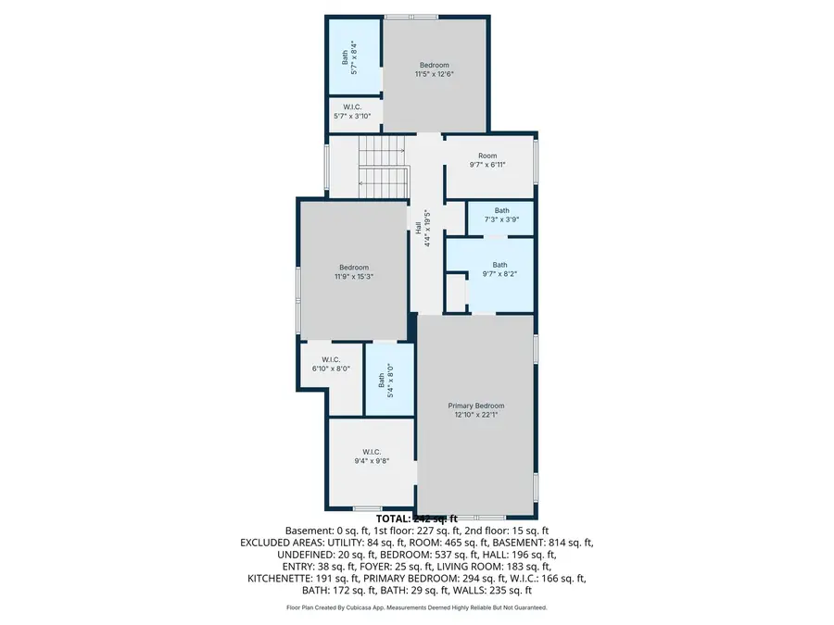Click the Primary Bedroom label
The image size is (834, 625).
[x=476, y=406]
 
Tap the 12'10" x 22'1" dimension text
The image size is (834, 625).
[x=476, y=415]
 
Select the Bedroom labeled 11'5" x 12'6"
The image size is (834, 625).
[x=435, y=69]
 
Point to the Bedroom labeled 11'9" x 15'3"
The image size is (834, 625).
[x=353, y=271]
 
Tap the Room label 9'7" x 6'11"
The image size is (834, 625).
[x=487, y=160]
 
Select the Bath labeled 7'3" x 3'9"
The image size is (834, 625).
[x=501, y=215]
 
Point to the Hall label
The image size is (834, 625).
[x=425, y=227]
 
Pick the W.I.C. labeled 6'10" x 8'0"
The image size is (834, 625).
[x=331, y=364]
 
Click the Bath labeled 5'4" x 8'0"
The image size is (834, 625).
[x=384, y=380]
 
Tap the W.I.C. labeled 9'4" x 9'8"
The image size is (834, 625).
[x=371, y=456]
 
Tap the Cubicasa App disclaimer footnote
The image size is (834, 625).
[x=416, y=608]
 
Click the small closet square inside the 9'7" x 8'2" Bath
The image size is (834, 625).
[x=455, y=292]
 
